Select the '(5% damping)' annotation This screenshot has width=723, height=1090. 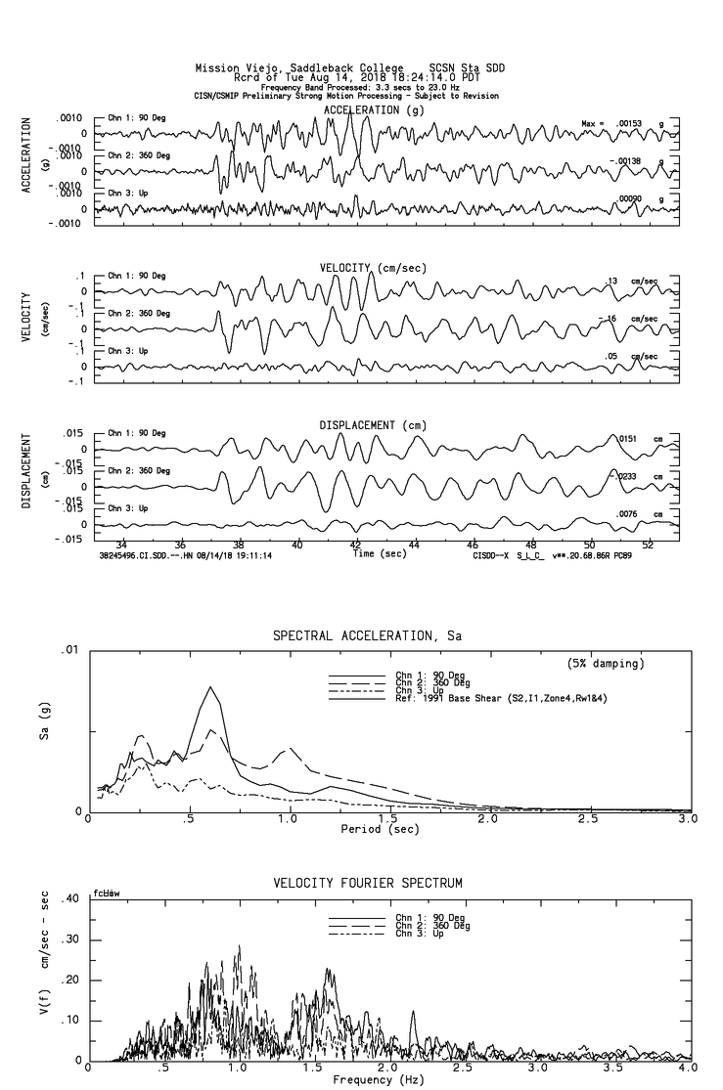[605, 664]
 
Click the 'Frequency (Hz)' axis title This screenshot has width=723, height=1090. [377, 1079]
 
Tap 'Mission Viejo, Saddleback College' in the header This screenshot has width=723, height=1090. [299, 68]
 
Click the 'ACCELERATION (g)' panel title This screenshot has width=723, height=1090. [376, 110]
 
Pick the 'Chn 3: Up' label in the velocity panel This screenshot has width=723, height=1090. [128, 350]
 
